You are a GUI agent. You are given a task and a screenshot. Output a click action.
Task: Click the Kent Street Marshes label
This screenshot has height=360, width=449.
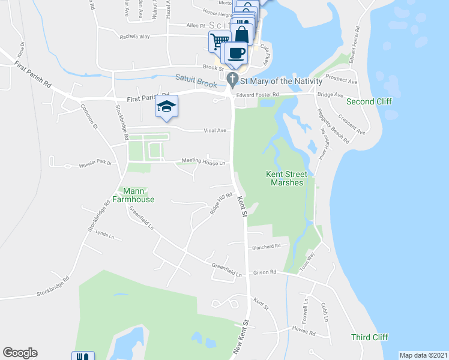(285, 178)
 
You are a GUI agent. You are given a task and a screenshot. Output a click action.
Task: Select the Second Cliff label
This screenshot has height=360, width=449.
(373, 101)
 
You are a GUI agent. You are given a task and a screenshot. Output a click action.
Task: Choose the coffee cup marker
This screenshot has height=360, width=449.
(237, 52)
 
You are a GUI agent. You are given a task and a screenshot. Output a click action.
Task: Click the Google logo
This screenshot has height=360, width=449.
(20, 353)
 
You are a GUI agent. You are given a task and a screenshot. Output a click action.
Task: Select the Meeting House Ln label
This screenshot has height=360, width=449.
(203, 162)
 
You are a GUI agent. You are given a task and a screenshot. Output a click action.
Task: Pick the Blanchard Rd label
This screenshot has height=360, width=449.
(267, 246)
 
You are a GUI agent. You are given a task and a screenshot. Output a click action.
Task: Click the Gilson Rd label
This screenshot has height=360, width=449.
(264, 272)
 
